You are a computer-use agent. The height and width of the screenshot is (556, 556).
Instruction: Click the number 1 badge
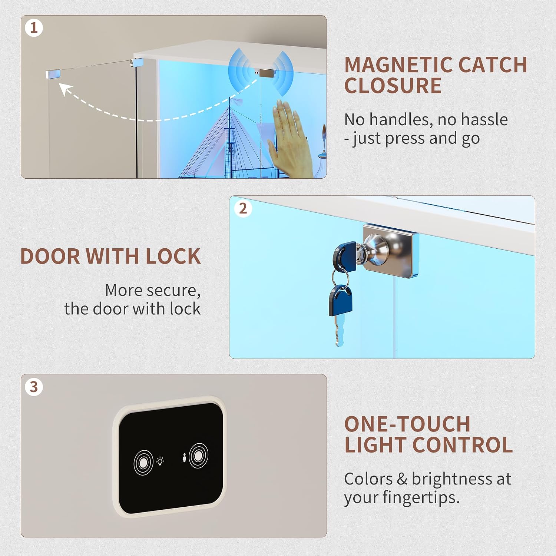coord(34,28)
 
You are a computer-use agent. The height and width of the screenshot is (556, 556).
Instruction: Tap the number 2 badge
coord(243,209)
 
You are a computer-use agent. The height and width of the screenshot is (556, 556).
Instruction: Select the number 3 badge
coord(34,387)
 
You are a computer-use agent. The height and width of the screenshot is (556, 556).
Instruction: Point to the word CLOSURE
coord(393,86)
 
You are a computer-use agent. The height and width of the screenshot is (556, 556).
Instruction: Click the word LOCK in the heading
coord(173,256)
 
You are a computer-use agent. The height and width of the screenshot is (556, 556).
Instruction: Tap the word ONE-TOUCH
coord(407,424)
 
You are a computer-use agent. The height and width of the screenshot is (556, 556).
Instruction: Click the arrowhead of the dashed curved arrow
coord(65,89)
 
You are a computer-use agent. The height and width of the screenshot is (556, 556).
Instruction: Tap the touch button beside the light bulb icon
coord(143,462)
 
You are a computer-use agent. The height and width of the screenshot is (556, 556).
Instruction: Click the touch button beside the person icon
coord(198,456)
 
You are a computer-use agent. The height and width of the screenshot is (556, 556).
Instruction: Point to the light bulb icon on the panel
coord(160,461)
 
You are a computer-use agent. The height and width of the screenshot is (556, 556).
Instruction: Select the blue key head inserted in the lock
coord(344,254)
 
